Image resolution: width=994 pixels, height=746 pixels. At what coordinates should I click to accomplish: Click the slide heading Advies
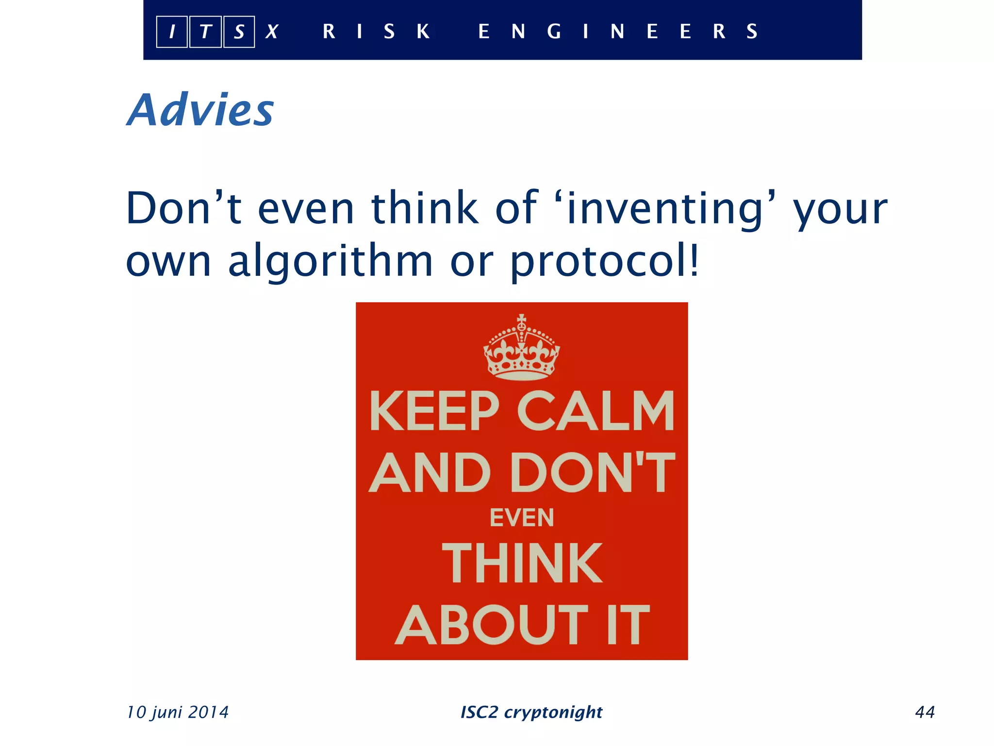[x=200, y=110]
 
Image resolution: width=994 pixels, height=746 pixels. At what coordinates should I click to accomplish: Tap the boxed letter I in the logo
[x=172, y=32]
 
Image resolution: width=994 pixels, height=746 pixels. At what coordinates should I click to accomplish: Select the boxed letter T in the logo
[x=205, y=32]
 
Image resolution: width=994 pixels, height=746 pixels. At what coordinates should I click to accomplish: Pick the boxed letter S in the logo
[x=239, y=32]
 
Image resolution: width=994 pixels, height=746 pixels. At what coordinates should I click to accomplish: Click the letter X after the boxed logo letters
[x=272, y=32]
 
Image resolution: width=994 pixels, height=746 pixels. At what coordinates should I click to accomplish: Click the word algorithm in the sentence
[x=330, y=261]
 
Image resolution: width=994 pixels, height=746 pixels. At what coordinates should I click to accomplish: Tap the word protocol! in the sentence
[x=604, y=261]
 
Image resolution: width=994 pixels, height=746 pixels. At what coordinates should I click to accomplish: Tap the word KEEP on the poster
[x=434, y=411]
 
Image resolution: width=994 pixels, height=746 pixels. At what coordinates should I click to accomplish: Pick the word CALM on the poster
[x=596, y=411]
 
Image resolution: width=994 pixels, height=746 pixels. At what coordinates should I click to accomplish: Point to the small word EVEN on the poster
[x=522, y=518]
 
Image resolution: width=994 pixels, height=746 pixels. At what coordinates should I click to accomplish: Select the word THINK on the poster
[x=522, y=563]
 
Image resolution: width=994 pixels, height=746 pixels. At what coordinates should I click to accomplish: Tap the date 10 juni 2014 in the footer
[x=178, y=712]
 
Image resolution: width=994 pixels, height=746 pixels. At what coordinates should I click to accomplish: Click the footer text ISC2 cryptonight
[x=531, y=712]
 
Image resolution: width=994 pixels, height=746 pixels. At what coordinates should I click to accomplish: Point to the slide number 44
[x=925, y=712]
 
